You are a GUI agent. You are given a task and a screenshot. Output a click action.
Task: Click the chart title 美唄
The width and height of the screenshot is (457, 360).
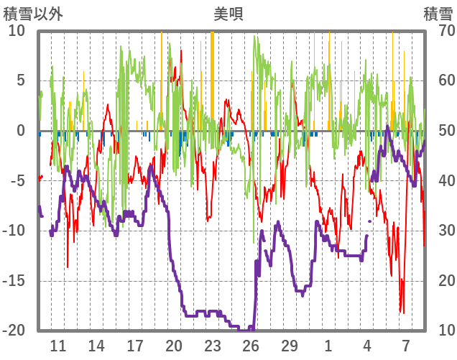[228, 13]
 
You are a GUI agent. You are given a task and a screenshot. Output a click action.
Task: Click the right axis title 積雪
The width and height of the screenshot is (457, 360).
[438, 13]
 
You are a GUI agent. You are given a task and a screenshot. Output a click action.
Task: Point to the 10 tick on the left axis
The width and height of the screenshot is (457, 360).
[17, 30]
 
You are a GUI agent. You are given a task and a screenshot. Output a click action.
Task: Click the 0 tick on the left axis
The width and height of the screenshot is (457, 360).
[20, 131]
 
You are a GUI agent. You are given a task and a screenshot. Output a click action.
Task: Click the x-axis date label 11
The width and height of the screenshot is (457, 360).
[57, 345]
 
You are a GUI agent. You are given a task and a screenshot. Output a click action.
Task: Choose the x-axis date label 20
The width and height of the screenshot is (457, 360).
[174, 345]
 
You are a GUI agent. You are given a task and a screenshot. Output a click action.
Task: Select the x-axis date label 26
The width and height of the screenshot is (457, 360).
[251, 345]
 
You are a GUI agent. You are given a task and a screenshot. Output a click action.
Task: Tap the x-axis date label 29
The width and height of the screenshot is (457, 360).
[290, 345]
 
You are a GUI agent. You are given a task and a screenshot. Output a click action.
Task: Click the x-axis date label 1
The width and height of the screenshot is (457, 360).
[328, 345]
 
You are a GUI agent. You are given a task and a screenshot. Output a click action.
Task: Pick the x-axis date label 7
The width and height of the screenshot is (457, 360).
[406, 345]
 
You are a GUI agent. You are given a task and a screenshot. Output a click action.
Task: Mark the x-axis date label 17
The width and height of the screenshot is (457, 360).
[135, 345]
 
